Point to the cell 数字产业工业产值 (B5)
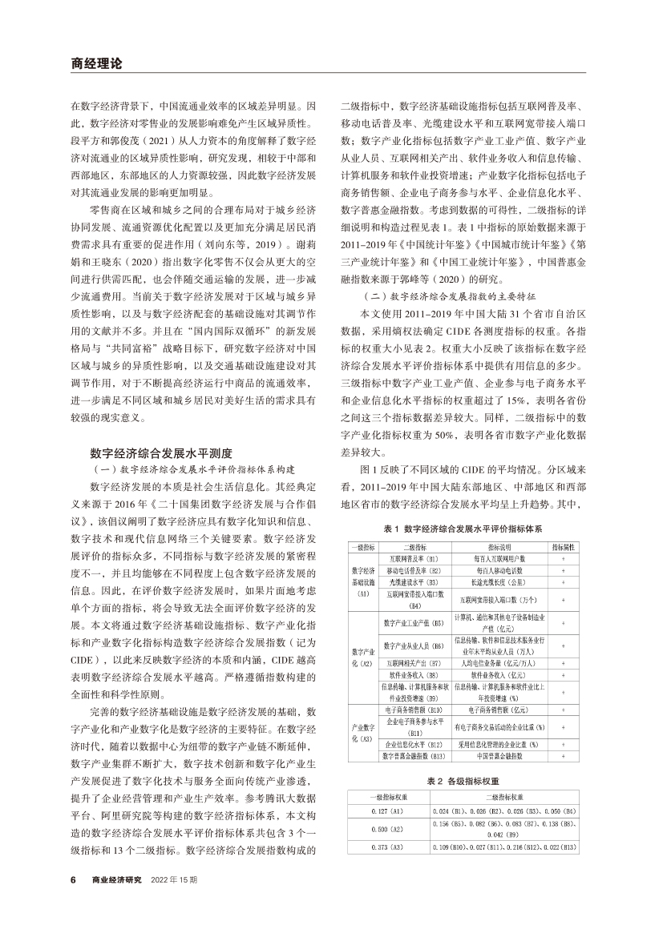coord(414,622)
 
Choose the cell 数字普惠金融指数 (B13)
coord(414,756)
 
